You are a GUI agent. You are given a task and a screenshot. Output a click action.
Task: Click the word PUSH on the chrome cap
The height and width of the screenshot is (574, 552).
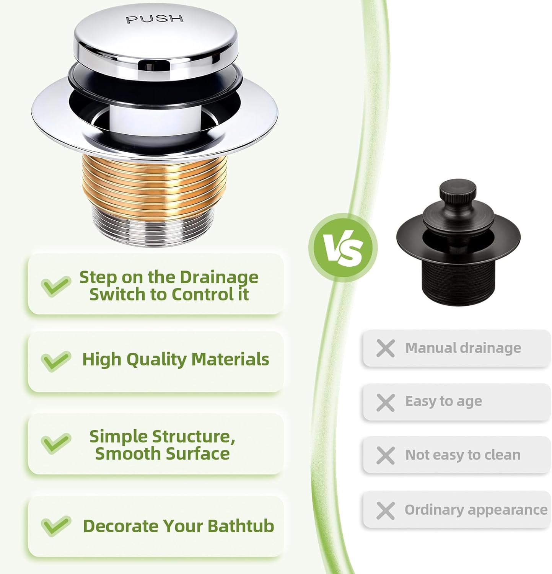[x=155, y=19]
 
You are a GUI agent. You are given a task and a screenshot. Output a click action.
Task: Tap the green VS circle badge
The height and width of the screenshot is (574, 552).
[x=343, y=248]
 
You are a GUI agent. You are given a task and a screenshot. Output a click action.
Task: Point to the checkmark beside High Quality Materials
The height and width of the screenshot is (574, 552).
[x=56, y=360]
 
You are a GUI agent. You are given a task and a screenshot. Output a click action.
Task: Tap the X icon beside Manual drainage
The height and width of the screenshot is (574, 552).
[x=385, y=348]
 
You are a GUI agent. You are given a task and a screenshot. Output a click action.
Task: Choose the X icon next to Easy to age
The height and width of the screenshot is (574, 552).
[x=385, y=403]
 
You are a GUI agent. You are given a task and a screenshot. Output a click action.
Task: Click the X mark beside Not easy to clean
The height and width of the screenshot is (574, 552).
[x=385, y=455]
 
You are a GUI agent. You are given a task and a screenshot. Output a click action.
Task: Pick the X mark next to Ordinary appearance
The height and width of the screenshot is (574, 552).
[x=385, y=510]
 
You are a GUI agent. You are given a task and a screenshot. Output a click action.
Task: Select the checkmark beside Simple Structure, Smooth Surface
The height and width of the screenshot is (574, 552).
[x=56, y=443]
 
